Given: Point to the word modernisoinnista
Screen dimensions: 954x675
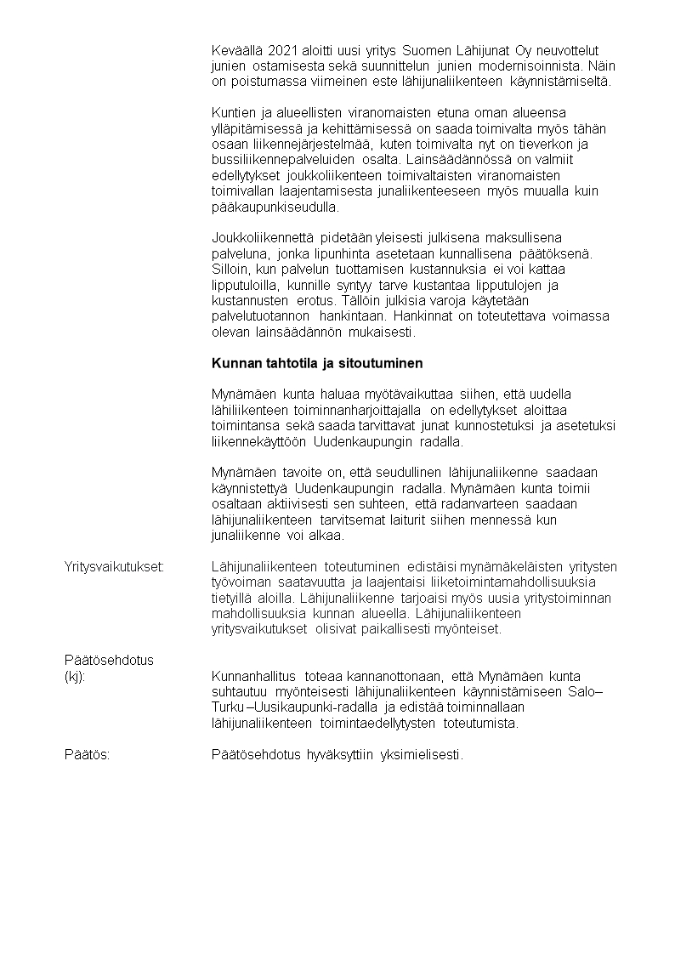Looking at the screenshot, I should pos(536,65).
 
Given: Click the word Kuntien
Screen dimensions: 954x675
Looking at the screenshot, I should pos(232,112).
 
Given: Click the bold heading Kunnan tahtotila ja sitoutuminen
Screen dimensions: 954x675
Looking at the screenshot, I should pos(317,363).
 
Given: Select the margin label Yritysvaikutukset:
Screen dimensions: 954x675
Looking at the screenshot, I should pos(115,567).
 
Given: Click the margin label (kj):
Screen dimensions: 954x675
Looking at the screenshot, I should pos(77,676).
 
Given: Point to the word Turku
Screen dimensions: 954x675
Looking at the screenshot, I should pos(228,708).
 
